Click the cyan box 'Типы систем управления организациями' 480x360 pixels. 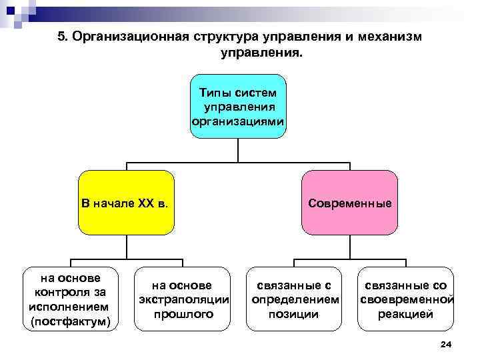point(238,106)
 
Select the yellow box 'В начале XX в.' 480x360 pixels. point(126,203)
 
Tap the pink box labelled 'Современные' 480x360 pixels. point(350,203)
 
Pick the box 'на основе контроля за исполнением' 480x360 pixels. point(71,299)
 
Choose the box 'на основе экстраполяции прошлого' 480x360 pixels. point(183,299)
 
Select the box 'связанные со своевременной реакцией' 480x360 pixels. point(406,299)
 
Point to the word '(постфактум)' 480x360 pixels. point(71,323)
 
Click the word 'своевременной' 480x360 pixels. point(406,299)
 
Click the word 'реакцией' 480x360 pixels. point(406,313)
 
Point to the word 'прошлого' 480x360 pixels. point(183,313)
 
